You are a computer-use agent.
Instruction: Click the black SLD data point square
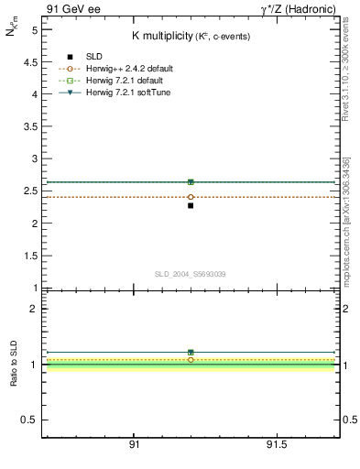[191, 205]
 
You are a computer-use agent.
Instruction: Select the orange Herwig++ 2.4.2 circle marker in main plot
[191, 197]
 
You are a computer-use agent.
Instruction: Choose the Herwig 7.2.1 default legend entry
[124, 81]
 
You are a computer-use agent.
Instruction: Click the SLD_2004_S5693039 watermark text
[190, 274]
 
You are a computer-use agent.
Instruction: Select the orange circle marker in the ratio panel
[191, 360]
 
